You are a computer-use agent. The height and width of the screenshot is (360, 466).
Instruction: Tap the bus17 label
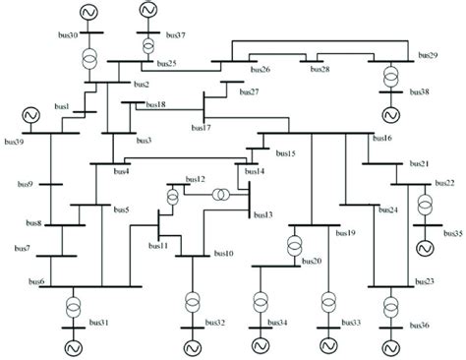[200, 127]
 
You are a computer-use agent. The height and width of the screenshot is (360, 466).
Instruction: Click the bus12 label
[195, 179]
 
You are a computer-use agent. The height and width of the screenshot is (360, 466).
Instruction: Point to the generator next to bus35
[425, 246]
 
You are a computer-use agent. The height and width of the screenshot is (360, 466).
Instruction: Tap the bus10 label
[223, 254]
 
